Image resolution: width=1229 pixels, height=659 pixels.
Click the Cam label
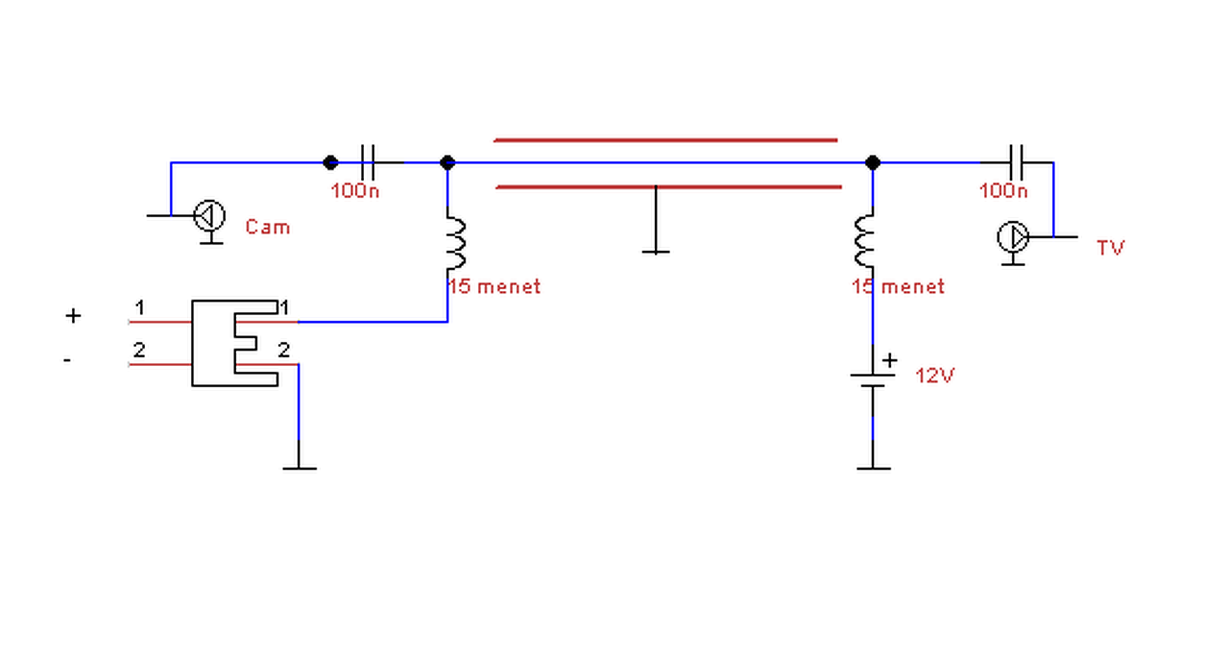pyautogui.click(x=268, y=227)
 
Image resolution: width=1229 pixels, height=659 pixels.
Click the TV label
pyautogui.click(x=1111, y=248)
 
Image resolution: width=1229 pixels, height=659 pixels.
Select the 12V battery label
pyautogui.click(x=935, y=376)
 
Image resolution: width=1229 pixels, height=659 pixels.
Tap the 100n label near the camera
pyautogui.click(x=355, y=191)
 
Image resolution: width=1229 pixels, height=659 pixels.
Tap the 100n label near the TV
pyautogui.click(x=1003, y=191)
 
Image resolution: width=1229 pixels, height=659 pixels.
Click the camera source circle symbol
pyautogui.click(x=209, y=216)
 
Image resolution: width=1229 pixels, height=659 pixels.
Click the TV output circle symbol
pyautogui.click(x=1013, y=237)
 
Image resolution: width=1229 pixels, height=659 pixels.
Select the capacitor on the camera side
pyautogui.click(x=368, y=162)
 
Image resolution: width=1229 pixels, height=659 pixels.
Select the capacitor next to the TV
pyautogui.click(x=1016, y=162)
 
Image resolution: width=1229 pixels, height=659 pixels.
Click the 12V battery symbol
pyautogui.click(x=873, y=380)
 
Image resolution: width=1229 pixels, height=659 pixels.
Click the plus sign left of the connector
pyautogui.click(x=73, y=316)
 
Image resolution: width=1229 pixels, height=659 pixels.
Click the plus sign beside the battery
pyautogui.click(x=890, y=360)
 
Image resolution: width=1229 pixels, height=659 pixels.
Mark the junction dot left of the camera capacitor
pyautogui.click(x=330, y=162)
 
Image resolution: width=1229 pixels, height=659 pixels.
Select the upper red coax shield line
pyautogui.click(x=665, y=140)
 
